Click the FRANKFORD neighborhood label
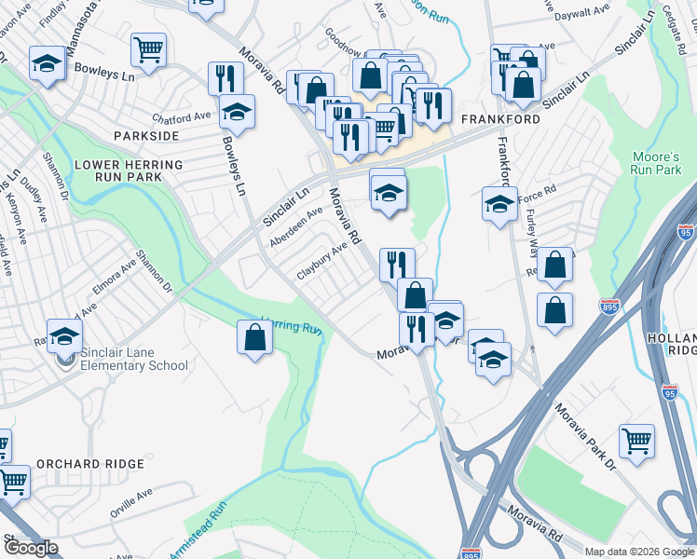(499, 120)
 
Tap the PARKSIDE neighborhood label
(145, 136)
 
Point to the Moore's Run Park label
(657, 163)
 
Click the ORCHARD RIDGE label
(90, 463)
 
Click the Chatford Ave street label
(183, 117)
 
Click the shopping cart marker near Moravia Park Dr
(636, 441)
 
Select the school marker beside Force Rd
(499, 203)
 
